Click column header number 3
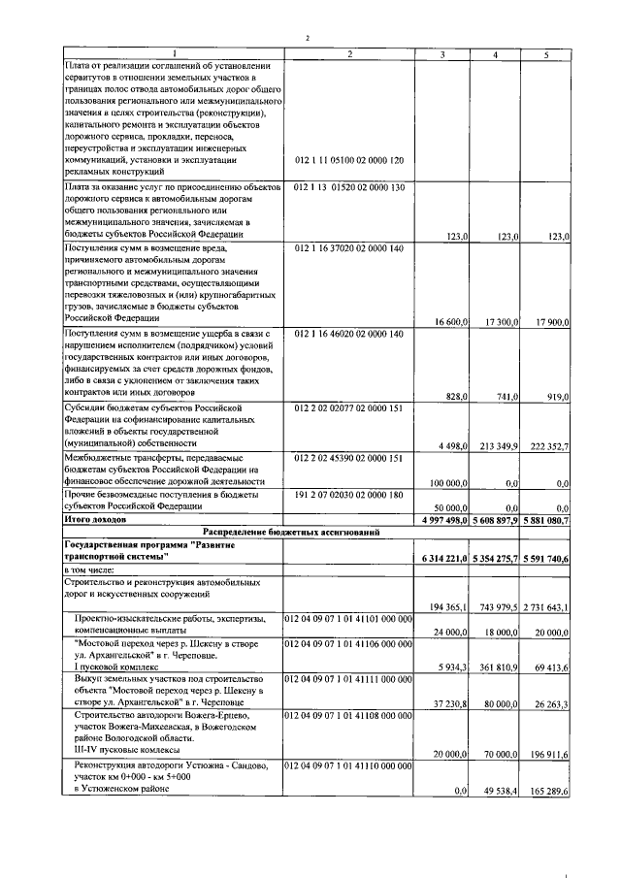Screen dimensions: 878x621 point(443,54)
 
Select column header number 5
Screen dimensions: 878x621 point(545,54)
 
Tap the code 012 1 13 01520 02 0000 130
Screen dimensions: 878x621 point(348,185)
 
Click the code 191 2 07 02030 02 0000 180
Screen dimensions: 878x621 point(348,495)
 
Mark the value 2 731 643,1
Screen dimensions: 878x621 point(545,607)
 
